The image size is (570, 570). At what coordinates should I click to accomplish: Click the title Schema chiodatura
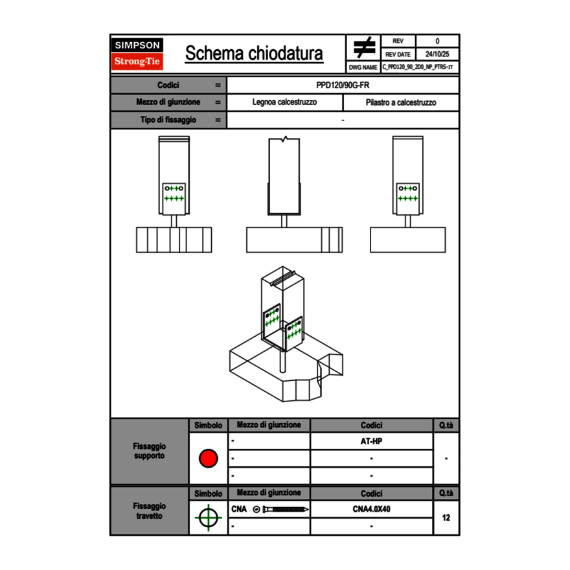pos(254,54)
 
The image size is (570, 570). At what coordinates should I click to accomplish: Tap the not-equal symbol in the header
pos(364,47)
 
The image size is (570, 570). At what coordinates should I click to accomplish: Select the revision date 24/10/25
pos(437,54)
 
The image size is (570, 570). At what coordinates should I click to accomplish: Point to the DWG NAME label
pos(363,67)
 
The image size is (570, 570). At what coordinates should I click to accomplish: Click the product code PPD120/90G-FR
pos(343,85)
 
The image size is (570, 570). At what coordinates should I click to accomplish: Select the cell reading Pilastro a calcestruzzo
pos(400,102)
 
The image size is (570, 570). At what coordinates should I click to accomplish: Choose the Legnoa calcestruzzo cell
pos(284,102)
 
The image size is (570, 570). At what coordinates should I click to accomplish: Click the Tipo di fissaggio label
pos(168,120)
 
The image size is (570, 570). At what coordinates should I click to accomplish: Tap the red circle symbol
pos(208,458)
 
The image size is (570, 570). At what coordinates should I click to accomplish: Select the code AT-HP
pos(371,441)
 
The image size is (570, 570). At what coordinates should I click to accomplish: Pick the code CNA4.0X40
pos(371,509)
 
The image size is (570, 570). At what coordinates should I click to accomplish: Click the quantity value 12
pos(446,518)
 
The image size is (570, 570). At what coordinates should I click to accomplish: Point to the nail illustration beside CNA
pos(282,509)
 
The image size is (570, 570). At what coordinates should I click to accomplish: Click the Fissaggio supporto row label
pos(149,451)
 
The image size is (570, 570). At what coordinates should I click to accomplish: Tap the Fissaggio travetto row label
pos(149,511)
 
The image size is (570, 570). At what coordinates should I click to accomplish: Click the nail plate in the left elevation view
pos(174,193)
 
